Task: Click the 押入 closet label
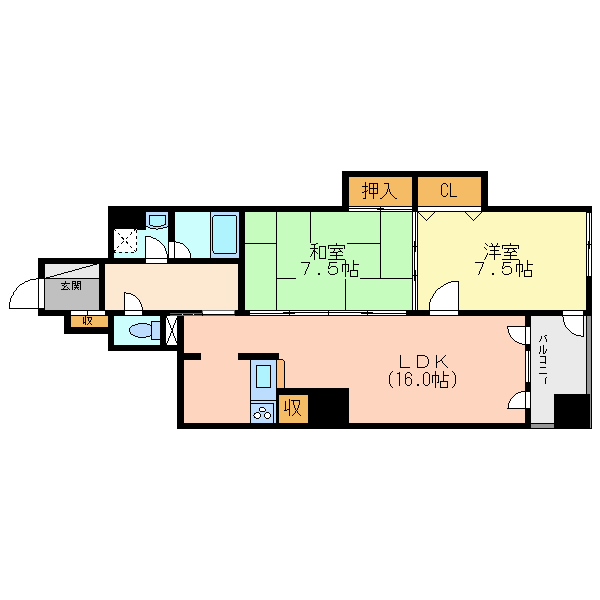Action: coord(379,191)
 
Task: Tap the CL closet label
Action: coord(448,190)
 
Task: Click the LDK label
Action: coord(423,361)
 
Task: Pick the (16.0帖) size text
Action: coord(422,380)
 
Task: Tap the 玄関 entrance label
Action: coord(71,285)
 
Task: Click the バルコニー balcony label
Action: coord(543,359)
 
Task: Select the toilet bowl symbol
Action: coord(144,330)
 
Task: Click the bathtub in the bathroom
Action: coord(225,234)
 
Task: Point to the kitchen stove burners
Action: coord(262,413)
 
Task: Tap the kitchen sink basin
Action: coord(263,376)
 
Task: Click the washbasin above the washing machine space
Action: coord(157,220)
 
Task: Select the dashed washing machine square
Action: coord(126,241)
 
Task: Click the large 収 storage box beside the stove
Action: coord(293,409)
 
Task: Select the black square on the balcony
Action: coord(571,411)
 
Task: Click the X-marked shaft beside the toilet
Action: coord(172,329)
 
